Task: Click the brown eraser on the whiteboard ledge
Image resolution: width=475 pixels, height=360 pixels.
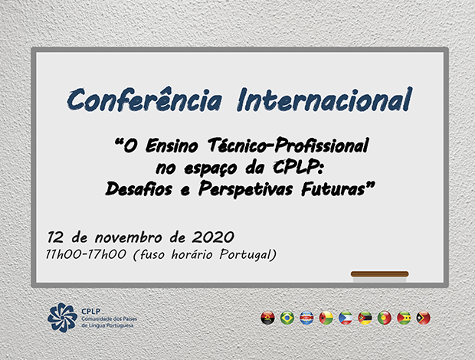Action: point(379,273)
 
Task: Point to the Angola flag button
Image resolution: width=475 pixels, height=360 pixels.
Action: point(268,318)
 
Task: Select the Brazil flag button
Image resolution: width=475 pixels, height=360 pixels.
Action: point(287,318)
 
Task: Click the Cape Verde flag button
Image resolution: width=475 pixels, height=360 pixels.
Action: point(306,318)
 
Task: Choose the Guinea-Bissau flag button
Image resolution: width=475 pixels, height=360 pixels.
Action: point(326,318)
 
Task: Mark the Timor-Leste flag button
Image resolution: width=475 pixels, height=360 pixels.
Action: point(423,318)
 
